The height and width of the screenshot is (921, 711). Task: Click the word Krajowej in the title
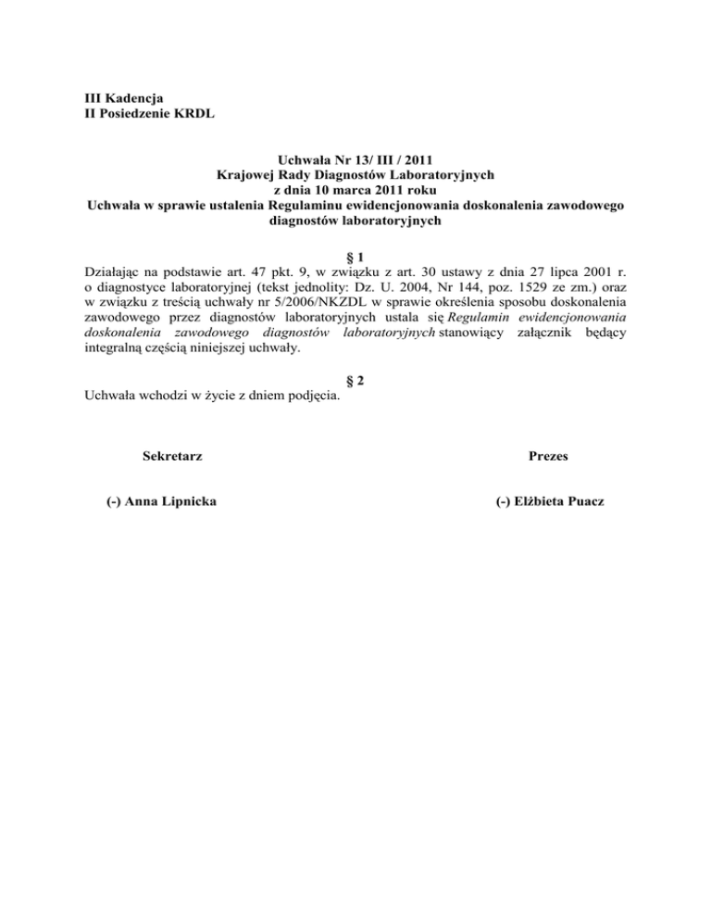245,173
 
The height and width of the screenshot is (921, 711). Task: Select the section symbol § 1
355,255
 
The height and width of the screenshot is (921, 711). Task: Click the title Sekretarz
173,457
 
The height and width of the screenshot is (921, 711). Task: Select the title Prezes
548,457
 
